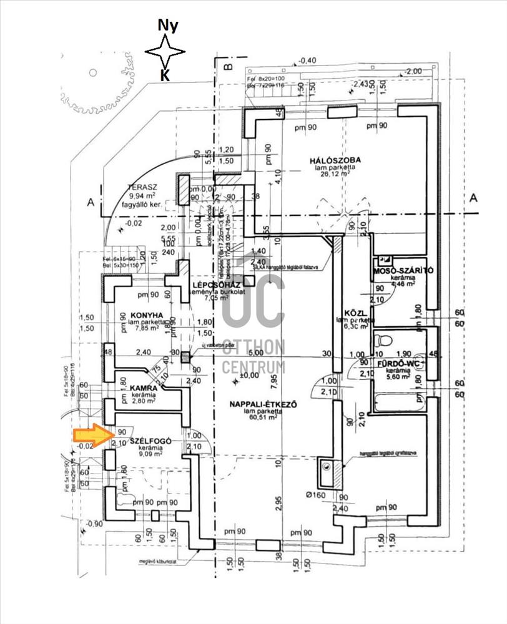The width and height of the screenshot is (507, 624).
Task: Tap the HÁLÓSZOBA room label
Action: tap(335, 160)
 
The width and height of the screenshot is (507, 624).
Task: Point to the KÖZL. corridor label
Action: tap(354, 313)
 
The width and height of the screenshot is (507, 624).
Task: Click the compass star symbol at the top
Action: tap(165, 52)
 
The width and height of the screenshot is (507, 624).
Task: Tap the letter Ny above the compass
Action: tap(167, 26)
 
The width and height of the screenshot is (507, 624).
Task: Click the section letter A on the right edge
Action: tap(473, 198)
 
